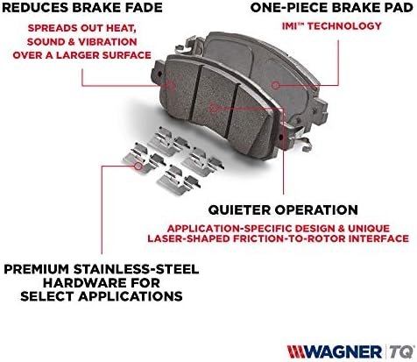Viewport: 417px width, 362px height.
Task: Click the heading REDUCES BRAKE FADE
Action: click(x=82, y=8)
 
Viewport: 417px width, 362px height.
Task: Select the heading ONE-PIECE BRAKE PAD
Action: click(x=332, y=8)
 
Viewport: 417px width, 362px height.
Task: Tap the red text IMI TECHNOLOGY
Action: click(x=332, y=26)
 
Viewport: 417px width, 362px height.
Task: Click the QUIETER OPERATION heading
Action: click(x=283, y=209)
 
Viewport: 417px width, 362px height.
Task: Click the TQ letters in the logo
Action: click(x=401, y=351)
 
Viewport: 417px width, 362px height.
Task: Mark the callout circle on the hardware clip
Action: click(x=138, y=166)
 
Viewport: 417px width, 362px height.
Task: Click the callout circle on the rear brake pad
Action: click(x=275, y=85)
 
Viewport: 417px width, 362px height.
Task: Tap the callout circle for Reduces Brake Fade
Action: click(x=171, y=86)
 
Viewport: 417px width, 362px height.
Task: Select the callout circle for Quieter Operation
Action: click(x=214, y=108)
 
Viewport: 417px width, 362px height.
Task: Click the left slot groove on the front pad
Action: click(x=195, y=93)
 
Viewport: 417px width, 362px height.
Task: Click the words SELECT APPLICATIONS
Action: click(x=102, y=296)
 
